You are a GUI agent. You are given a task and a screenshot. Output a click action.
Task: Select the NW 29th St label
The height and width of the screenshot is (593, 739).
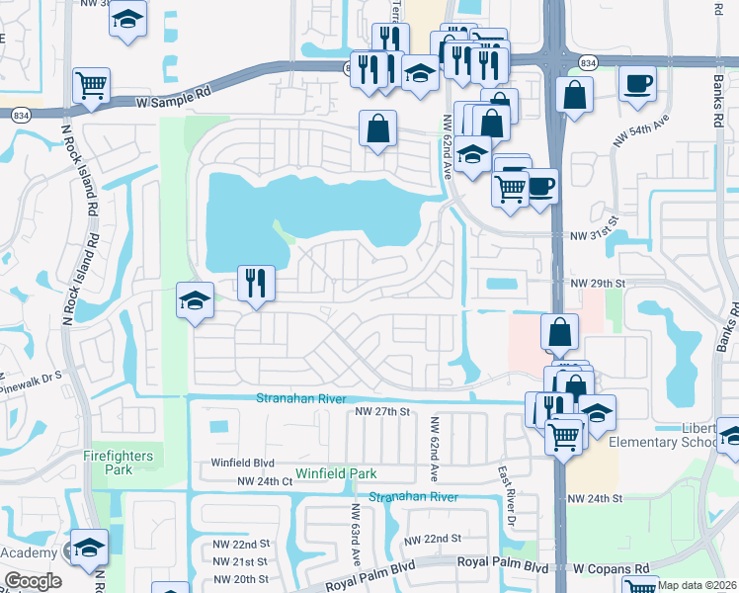tap(599, 283)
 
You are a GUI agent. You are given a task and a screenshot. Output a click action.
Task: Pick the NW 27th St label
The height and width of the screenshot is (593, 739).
tap(381, 412)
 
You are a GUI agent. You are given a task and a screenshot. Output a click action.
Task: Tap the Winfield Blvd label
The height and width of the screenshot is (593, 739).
tap(242, 463)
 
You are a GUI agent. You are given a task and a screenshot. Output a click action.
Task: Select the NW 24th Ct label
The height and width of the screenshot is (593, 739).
tap(264, 481)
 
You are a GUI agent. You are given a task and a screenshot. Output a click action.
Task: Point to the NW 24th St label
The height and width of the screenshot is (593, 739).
tap(592, 498)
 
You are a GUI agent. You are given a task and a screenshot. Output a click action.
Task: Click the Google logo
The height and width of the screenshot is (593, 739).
tap(33, 581)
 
